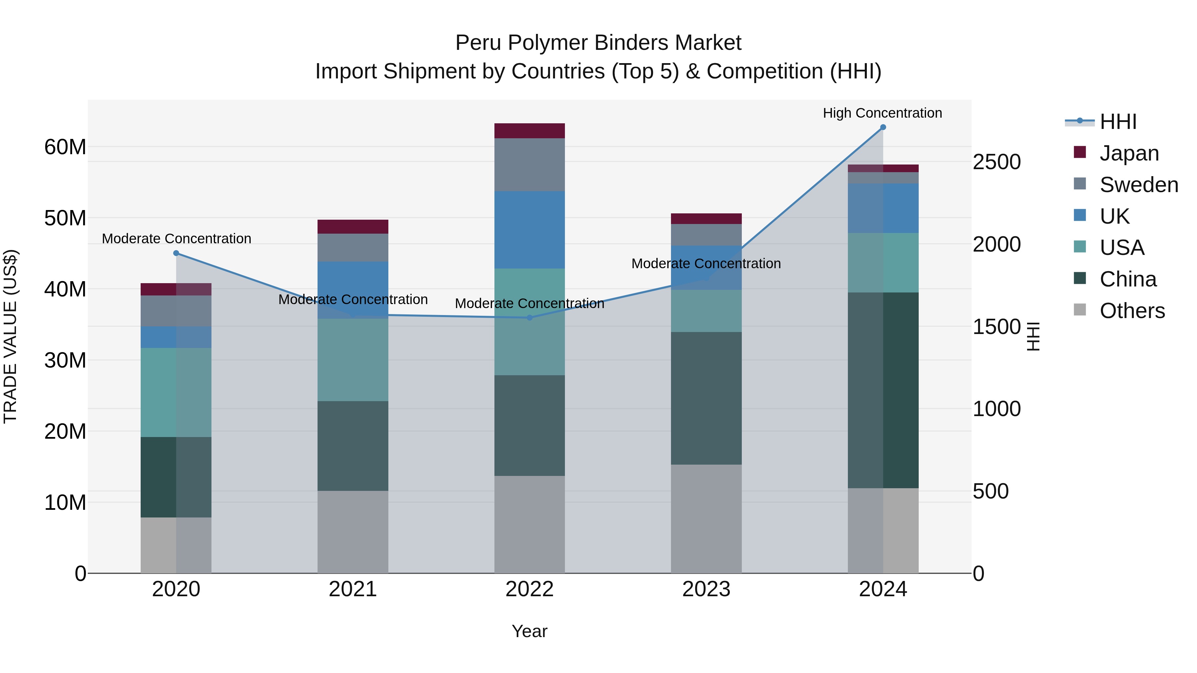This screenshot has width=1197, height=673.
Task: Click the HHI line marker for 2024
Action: (x=883, y=127)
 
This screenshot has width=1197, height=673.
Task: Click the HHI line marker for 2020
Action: (x=176, y=253)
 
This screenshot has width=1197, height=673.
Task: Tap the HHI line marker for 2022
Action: (x=530, y=318)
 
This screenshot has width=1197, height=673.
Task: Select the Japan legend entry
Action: (x=1129, y=153)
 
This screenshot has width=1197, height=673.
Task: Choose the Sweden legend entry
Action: (x=1138, y=184)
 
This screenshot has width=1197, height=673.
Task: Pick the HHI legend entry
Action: (x=1118, y=121)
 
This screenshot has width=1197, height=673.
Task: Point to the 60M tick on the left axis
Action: (x=65, y=147)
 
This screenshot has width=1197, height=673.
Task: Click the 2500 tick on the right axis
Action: (x=997, y=162)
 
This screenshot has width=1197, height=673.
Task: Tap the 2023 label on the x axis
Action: (x=706, y=589)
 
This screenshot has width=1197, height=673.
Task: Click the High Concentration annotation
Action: (x=882, y=113)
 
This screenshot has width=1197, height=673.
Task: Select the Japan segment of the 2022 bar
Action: (x=530, y=131)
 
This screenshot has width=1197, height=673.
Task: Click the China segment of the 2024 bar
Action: (x=883, y=390)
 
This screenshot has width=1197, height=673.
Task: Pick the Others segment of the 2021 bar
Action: (x=353, y=532)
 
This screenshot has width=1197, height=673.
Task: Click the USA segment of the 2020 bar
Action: (x=176, y=393)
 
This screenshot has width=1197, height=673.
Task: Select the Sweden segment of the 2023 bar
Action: (x=706, y=235)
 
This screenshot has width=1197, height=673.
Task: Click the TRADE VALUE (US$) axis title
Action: (x=10, y=336)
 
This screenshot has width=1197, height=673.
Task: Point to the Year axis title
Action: (x=529, y=631)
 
